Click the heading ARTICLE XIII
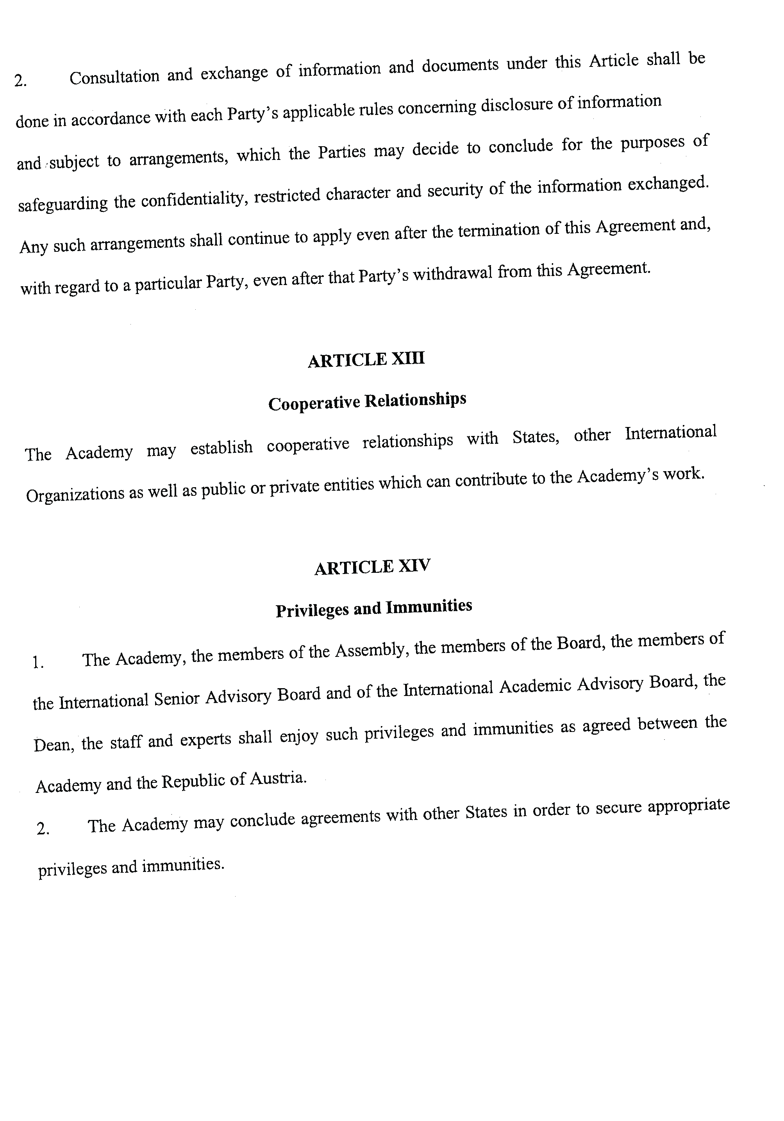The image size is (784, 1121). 366,360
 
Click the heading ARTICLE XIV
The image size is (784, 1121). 372,567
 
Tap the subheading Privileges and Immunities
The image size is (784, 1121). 374,608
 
